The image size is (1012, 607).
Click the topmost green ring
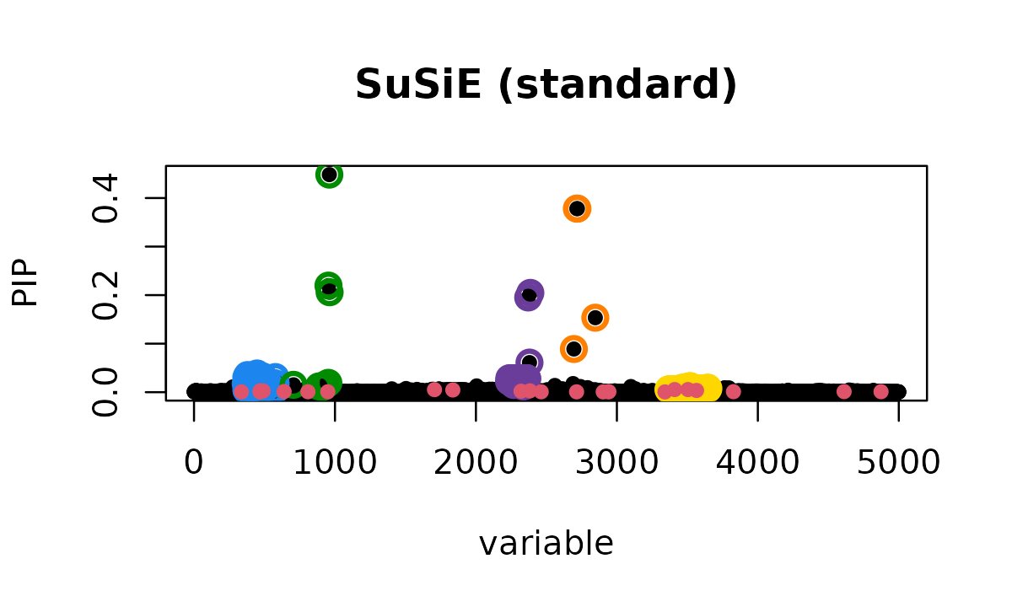click(x=329, y=175)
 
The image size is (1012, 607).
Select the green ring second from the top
click(x=329, y=288)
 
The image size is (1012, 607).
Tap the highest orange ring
click(x=577, y=208)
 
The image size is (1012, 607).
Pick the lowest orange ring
click(x=573, y=349)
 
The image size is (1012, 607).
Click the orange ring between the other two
click(x=595, y=318)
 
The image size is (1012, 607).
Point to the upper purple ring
click(x=529, y=295)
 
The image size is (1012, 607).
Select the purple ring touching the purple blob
click(x=530, y=362)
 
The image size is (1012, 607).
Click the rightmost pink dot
click(x=880, y=391)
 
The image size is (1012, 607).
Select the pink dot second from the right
click(x=844, y=391)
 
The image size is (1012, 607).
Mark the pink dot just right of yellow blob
click(x=733, y=391)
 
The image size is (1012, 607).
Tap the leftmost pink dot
click(x=242, y=391)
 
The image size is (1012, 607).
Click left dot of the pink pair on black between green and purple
click(x=434, y=389)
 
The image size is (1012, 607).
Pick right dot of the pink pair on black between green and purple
click(x=453, y=389)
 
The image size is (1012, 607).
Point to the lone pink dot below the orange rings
click(x=576, y=391)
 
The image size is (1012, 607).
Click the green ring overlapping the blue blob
click(x=293, y=382)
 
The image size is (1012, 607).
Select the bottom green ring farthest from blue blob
click(x=328, y=380)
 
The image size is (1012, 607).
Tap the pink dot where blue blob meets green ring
click(x=284, y=391)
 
